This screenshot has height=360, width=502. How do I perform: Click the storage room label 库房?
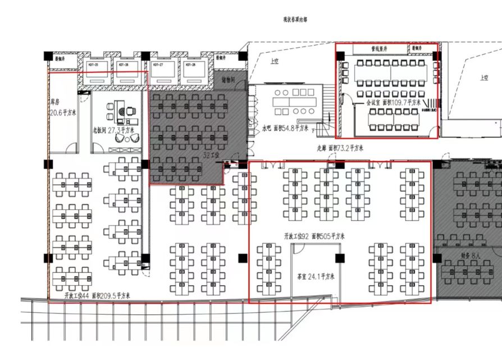tap(56, 103)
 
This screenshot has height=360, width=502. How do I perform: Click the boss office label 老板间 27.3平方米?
tap(114, 130)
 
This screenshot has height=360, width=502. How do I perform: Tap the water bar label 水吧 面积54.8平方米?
tap(285, 128)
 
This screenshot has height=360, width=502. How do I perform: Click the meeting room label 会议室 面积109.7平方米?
tap(394, 103)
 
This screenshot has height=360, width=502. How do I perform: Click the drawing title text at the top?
tap(295, 19)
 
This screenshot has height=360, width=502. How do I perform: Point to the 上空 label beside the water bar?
tap(274, 61)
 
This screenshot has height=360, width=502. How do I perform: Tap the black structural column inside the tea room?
tap(339, 258)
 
